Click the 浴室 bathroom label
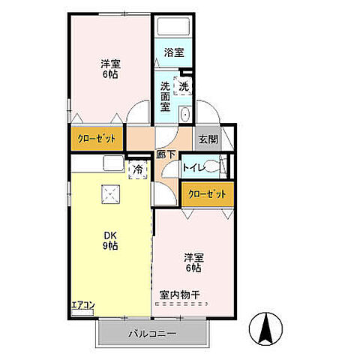coord(174,52)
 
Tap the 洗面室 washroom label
coord(166,96)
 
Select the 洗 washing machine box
coord(183,85)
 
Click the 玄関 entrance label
coord(208,138)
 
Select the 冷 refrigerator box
coord(138,170)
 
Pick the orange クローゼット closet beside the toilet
coord(206,194)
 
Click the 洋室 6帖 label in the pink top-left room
coord(109,69)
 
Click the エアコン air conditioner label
coord(82,305)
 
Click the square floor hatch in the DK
coord(110,193)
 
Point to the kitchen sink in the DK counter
coord(110,163)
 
